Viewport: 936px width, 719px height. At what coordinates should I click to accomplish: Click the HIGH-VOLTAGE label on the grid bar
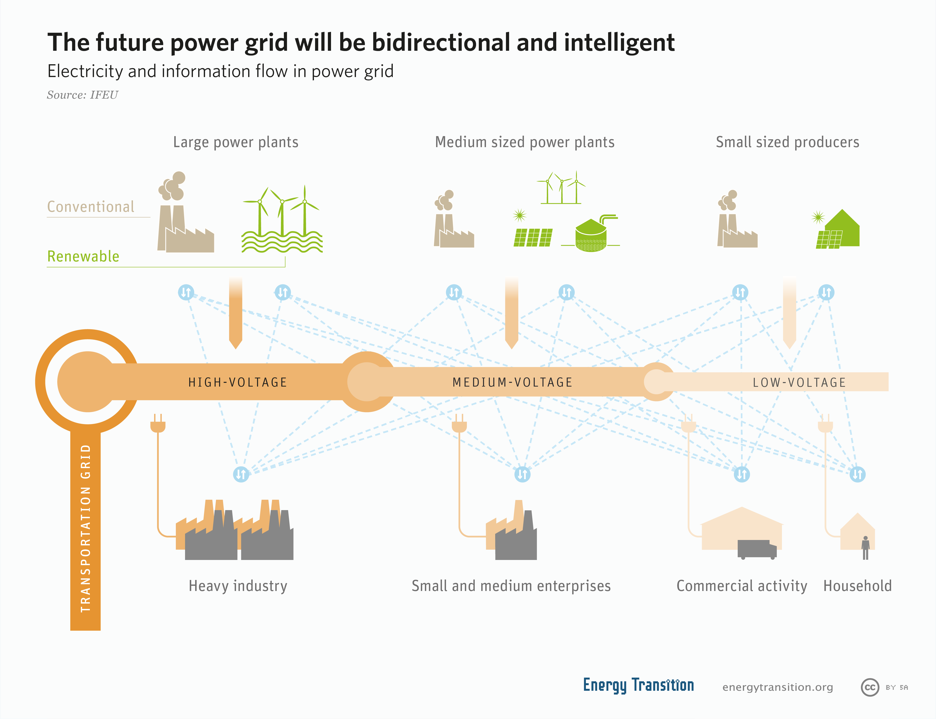(237, 382)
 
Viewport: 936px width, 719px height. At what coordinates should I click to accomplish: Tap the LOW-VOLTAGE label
(799, 382)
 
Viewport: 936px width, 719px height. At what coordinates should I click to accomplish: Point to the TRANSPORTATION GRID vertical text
(86, 528)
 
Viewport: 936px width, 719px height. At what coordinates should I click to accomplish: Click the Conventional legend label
(91, 207)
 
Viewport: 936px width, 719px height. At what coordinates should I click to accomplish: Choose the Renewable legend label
(83, 256)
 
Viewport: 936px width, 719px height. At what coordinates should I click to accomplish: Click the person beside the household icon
(865, 548)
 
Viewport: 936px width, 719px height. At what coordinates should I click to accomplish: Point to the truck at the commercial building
(757, 549)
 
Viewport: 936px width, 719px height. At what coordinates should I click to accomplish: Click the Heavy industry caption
(238, 586)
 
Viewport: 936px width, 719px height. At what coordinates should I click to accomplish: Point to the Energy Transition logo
(638, 685)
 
